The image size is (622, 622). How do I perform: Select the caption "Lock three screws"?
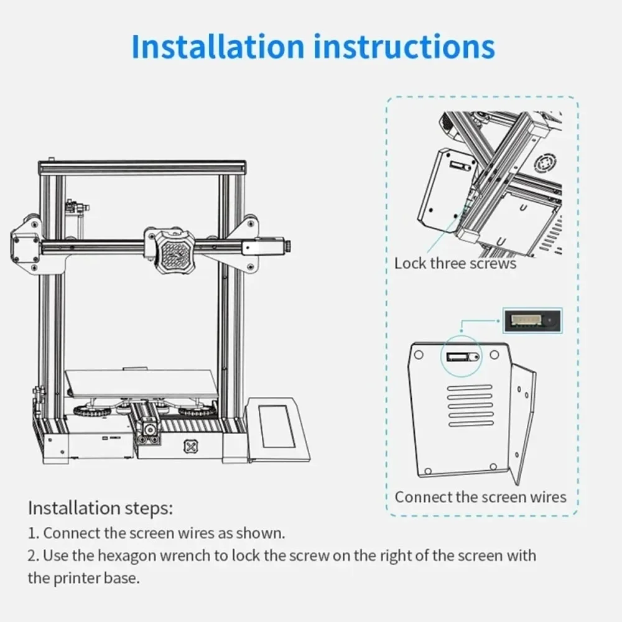click(x=455, y=263)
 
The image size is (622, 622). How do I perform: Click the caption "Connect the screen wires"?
click(x=481, y=497)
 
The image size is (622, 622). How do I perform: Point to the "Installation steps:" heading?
click(x=100, y=508)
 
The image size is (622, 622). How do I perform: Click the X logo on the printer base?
click(x=188, y=446)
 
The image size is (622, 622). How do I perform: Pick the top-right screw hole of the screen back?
click(x=494, y=355)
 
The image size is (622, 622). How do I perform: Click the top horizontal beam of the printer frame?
click(x=142, y=167)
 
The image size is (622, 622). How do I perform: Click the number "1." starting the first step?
click(x=33, y=533)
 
